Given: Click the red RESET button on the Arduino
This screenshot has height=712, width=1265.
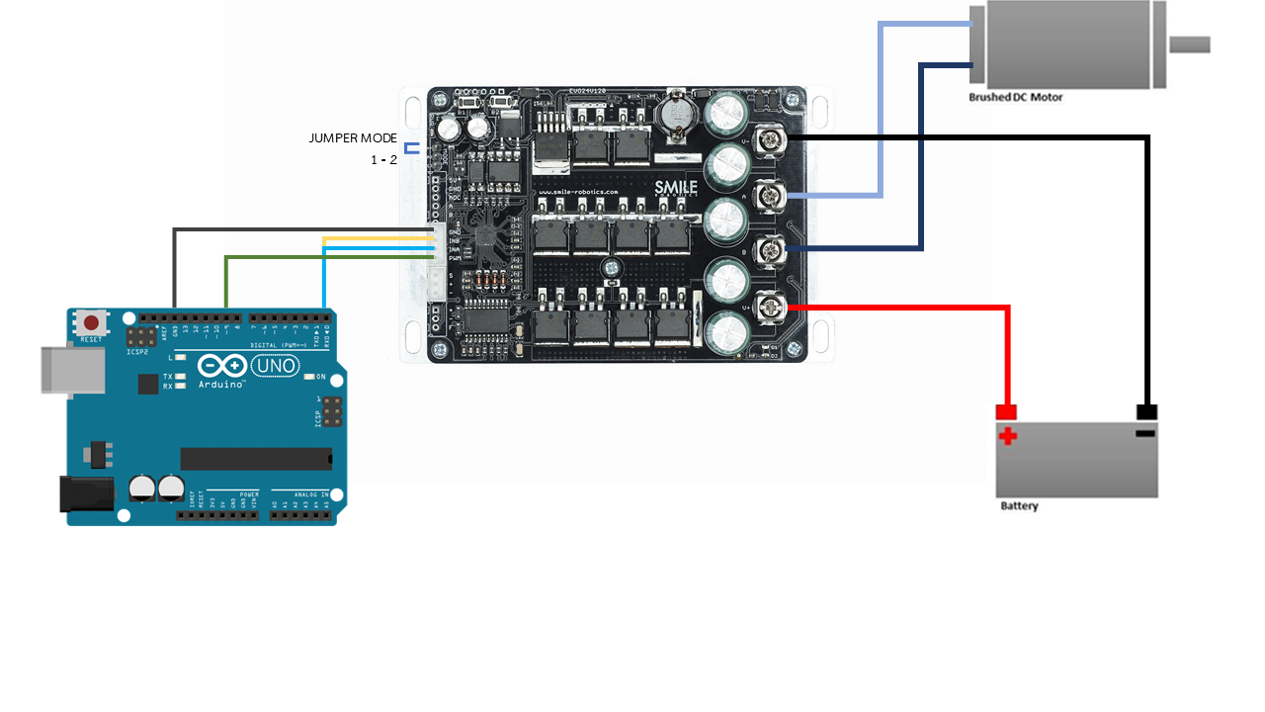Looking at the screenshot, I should click(93, 322).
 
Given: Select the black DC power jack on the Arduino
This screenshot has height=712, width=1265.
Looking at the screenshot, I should click(85, 493).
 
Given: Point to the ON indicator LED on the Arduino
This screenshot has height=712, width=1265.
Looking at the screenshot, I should click(309, 377).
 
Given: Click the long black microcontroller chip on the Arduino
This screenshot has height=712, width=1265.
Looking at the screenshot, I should click(256, 458).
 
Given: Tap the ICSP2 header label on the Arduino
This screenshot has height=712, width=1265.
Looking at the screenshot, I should click(137, 352).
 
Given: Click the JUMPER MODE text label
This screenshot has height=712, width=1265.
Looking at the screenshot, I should click(353, 138).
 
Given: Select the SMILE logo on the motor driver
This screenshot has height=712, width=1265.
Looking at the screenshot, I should click(676, 187).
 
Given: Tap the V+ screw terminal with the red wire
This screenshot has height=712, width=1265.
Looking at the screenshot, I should click(770, 308).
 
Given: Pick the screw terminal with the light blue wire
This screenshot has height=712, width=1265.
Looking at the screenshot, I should click(770, 196).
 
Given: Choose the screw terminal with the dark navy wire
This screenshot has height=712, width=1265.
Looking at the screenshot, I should click(770, 251).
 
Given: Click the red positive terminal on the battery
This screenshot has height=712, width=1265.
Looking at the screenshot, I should click(1006, 411).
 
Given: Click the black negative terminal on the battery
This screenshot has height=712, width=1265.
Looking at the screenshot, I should click(1146, 411).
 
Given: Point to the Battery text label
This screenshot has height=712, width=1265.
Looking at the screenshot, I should click(1019, 506).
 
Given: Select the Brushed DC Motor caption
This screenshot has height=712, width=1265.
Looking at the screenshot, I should click(1015, 97).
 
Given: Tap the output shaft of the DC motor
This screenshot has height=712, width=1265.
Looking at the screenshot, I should click(1190, 44).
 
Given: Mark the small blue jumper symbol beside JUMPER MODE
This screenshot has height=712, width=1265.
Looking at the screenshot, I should click(410, 148).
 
